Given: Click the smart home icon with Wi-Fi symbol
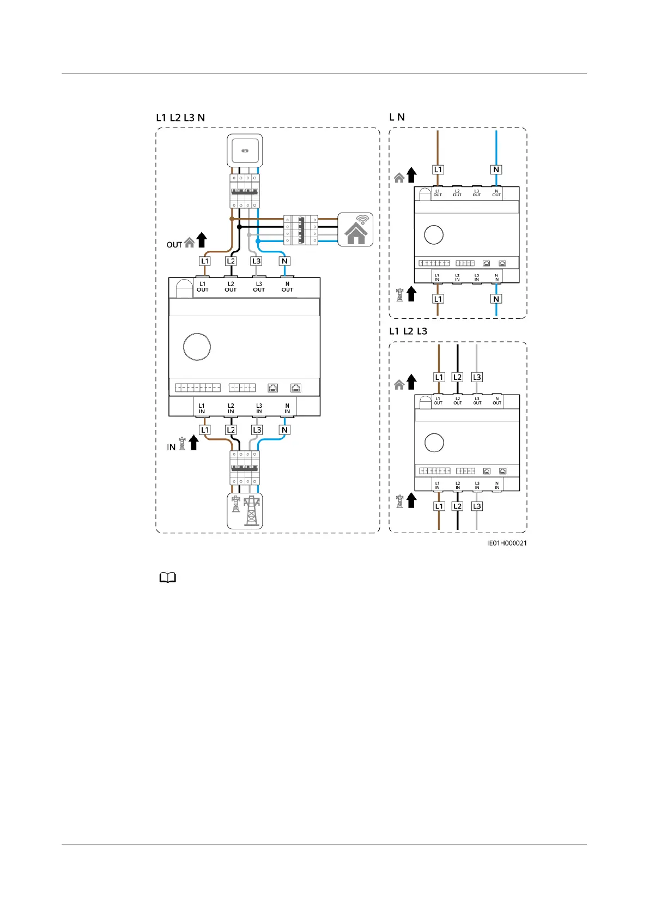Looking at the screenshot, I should pos(356,230).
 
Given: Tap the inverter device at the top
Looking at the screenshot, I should pos(245,150).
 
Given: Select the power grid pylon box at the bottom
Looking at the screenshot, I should pos(245,511).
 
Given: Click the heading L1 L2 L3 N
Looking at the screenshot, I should pos(180,118).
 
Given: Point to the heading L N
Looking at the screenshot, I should pos(397,117).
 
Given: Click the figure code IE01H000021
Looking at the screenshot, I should pos(507,543).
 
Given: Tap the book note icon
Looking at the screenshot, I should pos(168,578).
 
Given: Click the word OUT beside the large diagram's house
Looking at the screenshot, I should pos(174,245).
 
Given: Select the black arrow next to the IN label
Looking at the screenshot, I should pos(193,443).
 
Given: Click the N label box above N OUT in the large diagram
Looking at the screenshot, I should pos(284,261).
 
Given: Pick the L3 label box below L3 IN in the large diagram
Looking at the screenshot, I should pos(257,430).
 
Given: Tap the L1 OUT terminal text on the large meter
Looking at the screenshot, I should pos(202,287).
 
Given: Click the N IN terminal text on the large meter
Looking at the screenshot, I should pos(287,408).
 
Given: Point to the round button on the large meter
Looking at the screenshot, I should pos(197,347).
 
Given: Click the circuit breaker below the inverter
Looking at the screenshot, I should pos(245,191).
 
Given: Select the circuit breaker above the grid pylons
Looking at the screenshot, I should pos(245,468).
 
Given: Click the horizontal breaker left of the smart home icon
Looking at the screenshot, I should pos(301,230).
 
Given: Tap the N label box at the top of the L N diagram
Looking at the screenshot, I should pos(496,170).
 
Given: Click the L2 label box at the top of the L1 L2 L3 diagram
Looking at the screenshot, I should pos(458,377).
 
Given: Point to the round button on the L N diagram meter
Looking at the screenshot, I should pos(434,235).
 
